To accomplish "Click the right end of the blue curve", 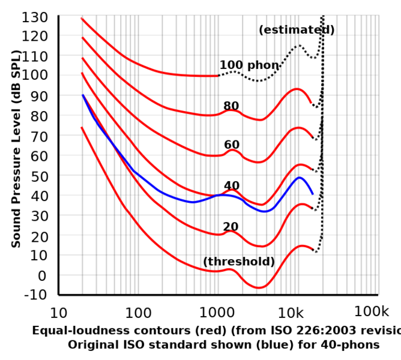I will point(313,193).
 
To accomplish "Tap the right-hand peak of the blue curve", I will point(299,178).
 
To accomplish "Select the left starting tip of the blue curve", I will point(83,95).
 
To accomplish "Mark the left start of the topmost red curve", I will point(81,18).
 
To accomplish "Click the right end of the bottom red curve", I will point(313,248).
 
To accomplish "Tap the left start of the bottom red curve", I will point(81,127).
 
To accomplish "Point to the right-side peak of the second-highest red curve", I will point(297,89).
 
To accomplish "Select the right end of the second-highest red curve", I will point(311,102).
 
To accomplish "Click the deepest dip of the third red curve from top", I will point(258,161).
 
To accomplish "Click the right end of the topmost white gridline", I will point(378,35).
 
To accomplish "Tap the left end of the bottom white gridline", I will point(60,235).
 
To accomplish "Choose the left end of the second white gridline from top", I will point(60,75).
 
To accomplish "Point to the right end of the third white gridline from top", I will point(378,115).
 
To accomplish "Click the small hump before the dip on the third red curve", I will point(233,150).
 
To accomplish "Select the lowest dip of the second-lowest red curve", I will point(260,246).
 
